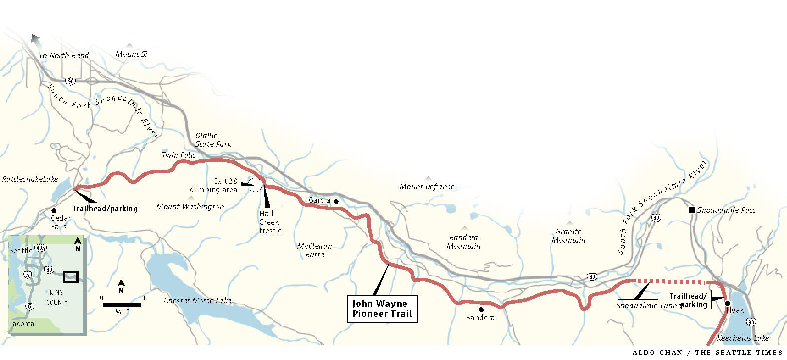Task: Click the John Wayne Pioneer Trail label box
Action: (382, 309)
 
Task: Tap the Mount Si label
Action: (131, 54)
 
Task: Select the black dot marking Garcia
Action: (336, 202)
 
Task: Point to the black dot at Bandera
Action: (481, 310)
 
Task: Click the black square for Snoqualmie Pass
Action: (692, 210)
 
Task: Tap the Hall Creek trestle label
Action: (270, 222)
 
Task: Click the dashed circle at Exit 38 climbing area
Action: (255, 185)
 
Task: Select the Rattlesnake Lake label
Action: (30, 179)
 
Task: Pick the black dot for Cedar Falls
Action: (54, 211)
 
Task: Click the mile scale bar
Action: (122, 305)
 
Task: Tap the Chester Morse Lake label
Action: (198, 301)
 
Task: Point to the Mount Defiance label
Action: (427, 187)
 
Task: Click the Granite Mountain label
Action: (569, 236)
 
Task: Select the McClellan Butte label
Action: (315, 250)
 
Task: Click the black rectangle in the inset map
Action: (71, 277)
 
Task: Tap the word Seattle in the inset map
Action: (21, 251)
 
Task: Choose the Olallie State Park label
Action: (213, 140)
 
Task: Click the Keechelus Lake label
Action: (743, 338)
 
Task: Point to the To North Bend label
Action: (64, 56)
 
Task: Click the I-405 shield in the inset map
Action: (41, 248)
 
